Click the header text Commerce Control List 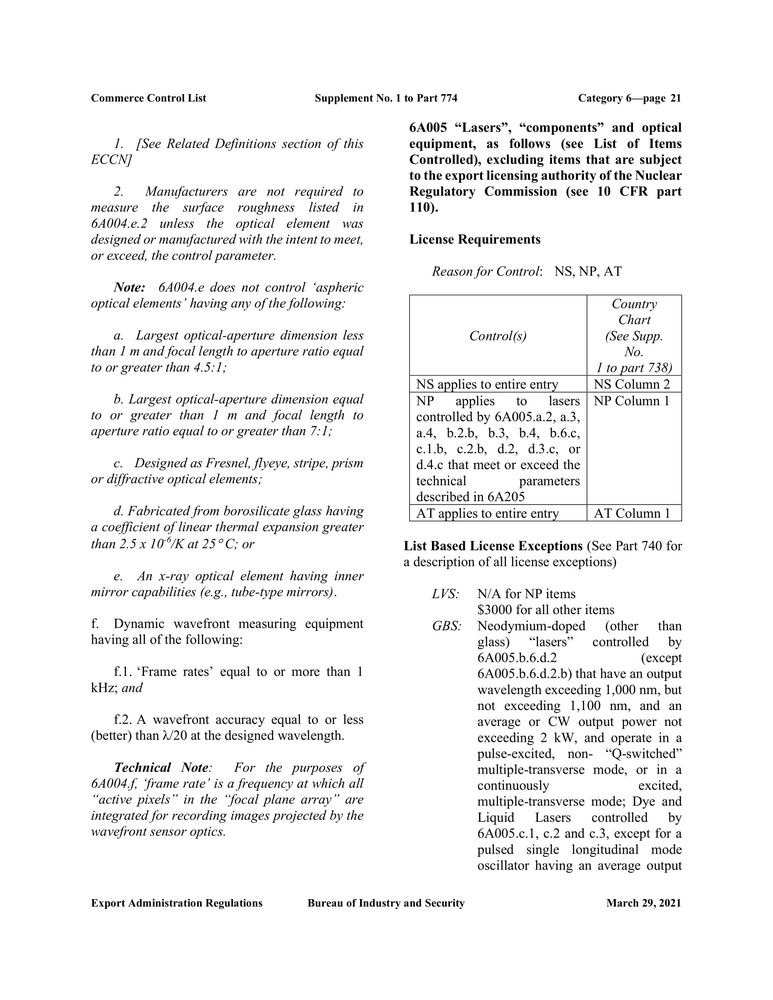point(148,98)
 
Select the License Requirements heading point(475,239)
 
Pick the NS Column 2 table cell point(632,384)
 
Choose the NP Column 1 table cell point(632,401)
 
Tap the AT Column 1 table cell point(632,514)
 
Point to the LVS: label point(445,594)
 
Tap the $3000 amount point(497,610)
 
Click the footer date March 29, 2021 point(643,903)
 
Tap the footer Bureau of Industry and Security point(386,903)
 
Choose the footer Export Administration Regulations point(177,903)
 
